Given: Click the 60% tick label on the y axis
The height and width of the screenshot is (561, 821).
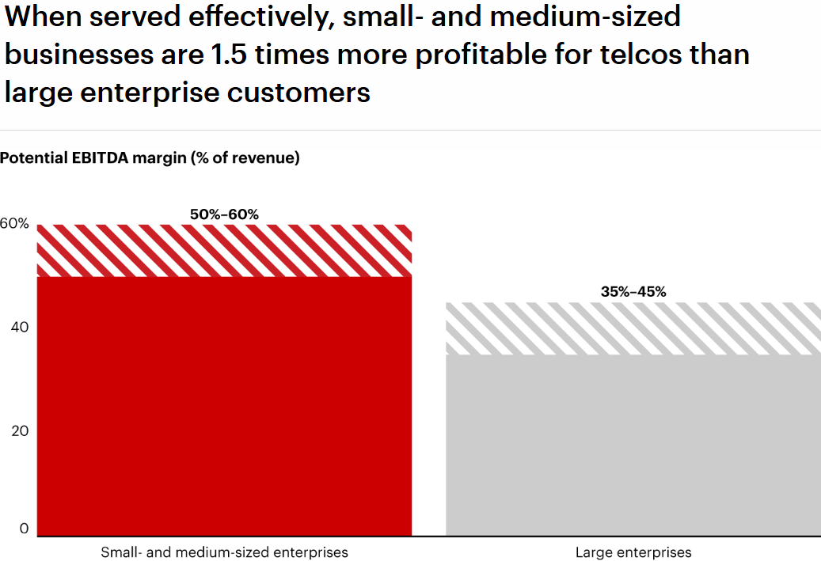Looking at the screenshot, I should (14, 224).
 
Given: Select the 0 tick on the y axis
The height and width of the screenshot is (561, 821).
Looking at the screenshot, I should (24, 529).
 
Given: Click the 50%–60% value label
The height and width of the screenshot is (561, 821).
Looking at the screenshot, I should (224, 214).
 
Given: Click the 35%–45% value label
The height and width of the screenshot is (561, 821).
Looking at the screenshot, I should (633, 291).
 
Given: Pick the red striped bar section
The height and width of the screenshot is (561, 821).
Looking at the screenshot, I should (225, 250).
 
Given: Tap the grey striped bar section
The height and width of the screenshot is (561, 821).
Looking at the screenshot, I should (633, 328).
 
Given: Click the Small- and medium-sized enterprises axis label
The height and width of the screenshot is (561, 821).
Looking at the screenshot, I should (224, 552).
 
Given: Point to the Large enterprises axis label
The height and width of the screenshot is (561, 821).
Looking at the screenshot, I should (633, 552).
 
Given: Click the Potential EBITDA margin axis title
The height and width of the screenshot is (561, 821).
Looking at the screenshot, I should (150, 157).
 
